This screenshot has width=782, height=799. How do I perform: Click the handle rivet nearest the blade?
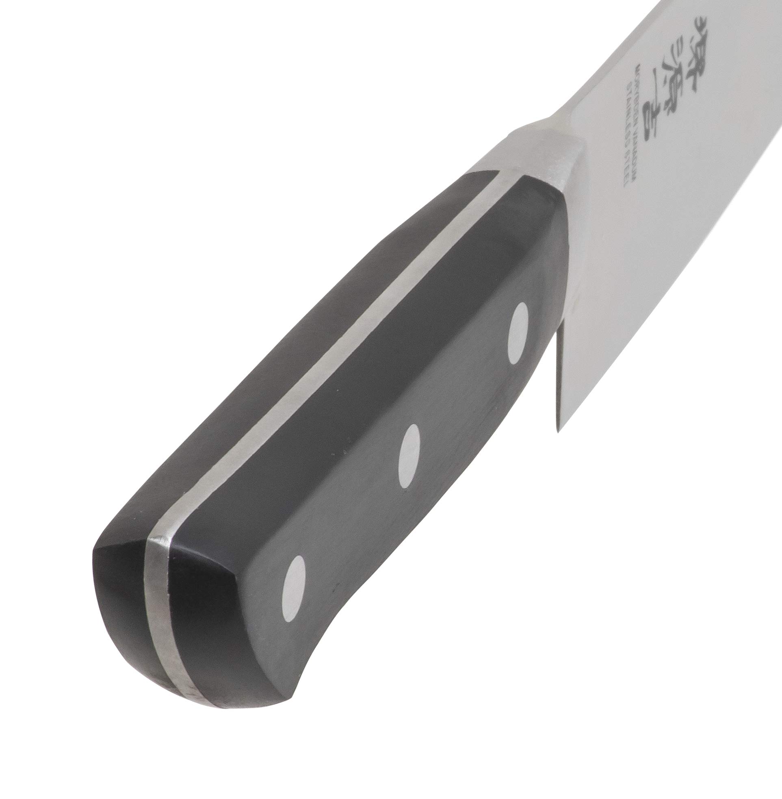pyautogui.click(x=518, y=334)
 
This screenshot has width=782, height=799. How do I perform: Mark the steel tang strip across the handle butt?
pyautogui.click(x=161, y=612)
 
